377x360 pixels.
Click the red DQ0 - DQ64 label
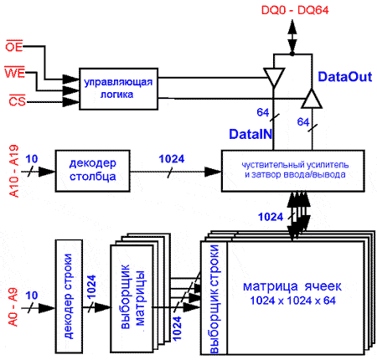(x=295, y=10)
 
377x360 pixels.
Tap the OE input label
(x=14, y=46)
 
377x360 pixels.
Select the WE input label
(x=15, y=73)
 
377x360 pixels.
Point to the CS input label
(x=18, y=100)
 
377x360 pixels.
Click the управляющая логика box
(x=119, y=89)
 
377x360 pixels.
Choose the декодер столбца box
(x=93, y=171)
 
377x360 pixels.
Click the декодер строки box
(x=69, y=296)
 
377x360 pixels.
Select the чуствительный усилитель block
(x=293, y=171)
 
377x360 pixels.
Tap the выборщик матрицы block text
(x=132, y=296)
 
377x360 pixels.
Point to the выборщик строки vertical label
(x=214, y=299)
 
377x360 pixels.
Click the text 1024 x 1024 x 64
(x=292, y=301)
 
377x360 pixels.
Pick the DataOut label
(x=345, y=77)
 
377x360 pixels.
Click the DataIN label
(x=250, y=134)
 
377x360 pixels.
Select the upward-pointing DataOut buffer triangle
(x=312, y=99)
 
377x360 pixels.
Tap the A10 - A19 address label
(x=14, y=171)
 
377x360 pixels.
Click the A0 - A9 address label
(x=13, y=307)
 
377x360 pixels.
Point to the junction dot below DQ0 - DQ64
(x=292, y=54)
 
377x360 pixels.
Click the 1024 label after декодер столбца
(x=172, y=159)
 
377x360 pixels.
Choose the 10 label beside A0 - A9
(x=31, y=296)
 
